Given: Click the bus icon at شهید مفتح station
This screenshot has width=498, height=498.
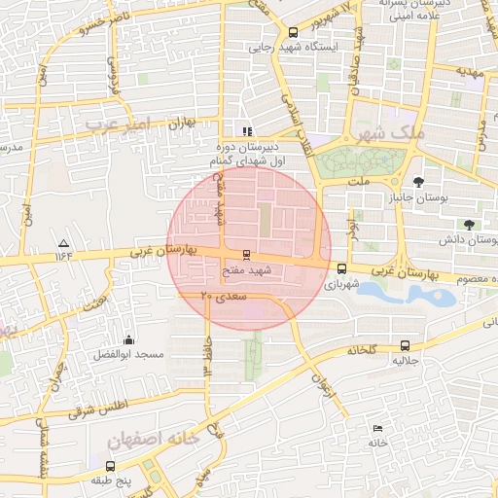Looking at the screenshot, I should pyautogui.click(x=245, y=255).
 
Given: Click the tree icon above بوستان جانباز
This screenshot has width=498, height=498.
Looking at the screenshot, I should pyautogui.click(x=418, y=182).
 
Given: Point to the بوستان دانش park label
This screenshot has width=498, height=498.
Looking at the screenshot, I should pyautogui.click(x=468, y=239).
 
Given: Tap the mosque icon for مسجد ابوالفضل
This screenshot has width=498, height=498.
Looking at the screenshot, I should pyautogui.click(x=129, y=339).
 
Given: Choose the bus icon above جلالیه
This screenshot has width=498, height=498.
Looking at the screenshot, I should pyautogui.click(x=406, y=345).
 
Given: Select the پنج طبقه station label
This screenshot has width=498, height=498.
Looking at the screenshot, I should pyautogui.click(x=109, y=480).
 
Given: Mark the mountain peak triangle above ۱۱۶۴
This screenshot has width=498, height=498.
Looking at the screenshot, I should pyautogui.click(x=64, y=242).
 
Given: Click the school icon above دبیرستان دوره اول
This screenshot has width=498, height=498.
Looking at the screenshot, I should pyautogui.click(x=247, y=131).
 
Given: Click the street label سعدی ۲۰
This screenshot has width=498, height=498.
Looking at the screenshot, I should pyautogui.click(x=224, y=295).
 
